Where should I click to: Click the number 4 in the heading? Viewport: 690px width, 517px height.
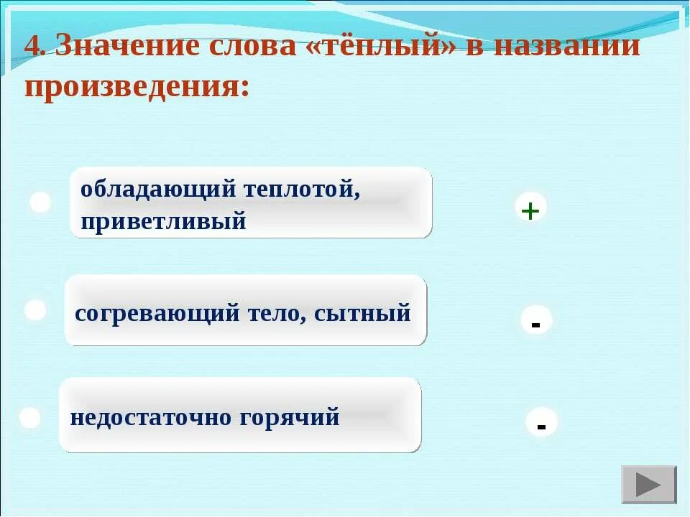[x=32, y=47]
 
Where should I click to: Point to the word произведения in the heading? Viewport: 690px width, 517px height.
[x=137, y=86]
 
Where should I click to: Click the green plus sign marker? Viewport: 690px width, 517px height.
[x=530, y=210]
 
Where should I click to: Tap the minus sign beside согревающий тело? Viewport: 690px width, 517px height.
[x=535, y=324]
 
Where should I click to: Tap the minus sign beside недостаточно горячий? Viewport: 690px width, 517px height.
[x=541, y=425]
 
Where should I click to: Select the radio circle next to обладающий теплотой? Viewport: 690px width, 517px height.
[x=40, y=202]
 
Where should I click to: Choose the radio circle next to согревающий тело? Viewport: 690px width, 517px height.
[x=35, y=310]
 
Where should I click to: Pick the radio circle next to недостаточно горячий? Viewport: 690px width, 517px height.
[x=29, y=418]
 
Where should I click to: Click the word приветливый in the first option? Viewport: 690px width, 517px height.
[x=163, y=221]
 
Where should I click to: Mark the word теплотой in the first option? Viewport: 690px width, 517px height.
[x=301, y=190]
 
